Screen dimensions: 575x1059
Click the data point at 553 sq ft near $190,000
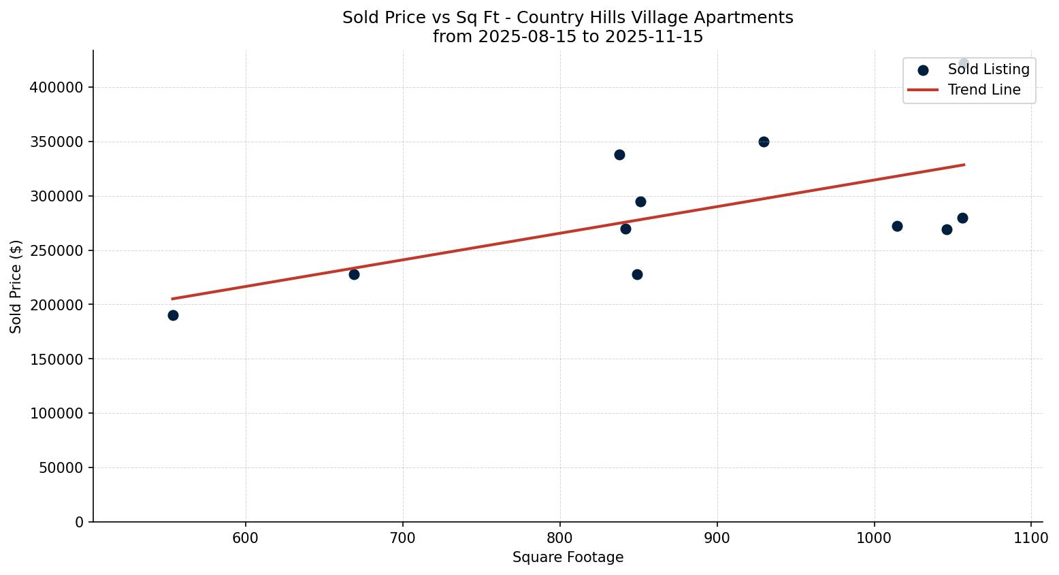[173, 315]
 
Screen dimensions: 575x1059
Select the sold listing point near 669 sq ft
[354, 274]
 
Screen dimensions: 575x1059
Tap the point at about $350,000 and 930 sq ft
[764, 142]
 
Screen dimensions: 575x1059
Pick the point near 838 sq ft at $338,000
[619, 154]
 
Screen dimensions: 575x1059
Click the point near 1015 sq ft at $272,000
[897, 226]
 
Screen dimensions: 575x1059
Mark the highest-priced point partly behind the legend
[964, 63]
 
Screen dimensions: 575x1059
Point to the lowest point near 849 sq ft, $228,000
[637, 274]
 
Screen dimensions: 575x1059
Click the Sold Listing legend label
[988, 69]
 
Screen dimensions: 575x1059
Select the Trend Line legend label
[984, 90]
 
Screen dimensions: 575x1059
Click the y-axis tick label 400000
[57, 88]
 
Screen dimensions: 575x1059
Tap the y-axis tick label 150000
[57, 359]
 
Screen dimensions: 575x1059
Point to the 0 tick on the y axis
[80, 522]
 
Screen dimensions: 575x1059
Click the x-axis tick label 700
[403, 538]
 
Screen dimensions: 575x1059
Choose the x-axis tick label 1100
[1031, 538]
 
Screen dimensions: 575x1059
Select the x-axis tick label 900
[717, 538]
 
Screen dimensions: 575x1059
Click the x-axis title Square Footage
[568, 557]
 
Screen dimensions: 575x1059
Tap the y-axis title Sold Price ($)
[16, 286]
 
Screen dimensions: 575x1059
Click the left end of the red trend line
[173, 299]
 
